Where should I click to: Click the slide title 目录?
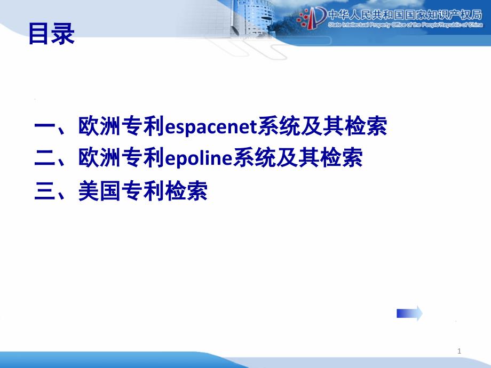pos(52,34)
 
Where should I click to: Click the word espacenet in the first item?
pos(211,127)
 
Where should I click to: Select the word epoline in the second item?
pos(199,158)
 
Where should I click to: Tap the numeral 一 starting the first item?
pos(45,127)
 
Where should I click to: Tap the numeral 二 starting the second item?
pos(45,158)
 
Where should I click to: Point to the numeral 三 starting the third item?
pos(45,191)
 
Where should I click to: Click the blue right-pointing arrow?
pos(409,313)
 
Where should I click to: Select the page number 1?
pos(459,351)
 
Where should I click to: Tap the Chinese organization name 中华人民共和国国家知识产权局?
pos(405,15)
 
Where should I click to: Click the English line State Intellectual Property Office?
pos(406,25)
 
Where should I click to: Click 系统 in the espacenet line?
pos(279,126)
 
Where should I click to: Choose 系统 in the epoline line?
pos(254,157)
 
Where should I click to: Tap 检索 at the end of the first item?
pos(366,126)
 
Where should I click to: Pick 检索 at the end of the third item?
pos(186,191)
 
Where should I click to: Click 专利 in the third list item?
pos(143,191)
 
